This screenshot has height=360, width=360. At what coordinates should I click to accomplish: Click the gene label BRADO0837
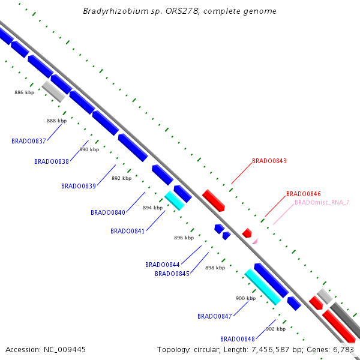coord(29,141)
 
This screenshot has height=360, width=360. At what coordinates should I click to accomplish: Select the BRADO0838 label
coord(52,161)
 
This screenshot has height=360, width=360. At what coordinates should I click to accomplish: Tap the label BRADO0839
coord(79,186)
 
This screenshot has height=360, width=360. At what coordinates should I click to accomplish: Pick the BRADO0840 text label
coord(108,212)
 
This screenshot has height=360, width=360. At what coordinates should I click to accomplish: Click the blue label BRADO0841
coord(128,231)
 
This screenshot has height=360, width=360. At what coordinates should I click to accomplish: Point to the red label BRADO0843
coord(269,161)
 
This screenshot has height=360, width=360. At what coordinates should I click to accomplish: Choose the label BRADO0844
coord(163,265)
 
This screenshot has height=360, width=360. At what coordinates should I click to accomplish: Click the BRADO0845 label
coord(172,274)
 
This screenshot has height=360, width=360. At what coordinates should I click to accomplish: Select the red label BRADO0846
coord(304,194)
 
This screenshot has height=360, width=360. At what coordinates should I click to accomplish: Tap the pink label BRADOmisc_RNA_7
coord(322,202)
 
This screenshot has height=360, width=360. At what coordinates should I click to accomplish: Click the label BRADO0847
coord(215,316)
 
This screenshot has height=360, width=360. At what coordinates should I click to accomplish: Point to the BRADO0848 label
coord(238,338)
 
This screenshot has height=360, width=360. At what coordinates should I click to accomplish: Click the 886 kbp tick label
coord(25,92)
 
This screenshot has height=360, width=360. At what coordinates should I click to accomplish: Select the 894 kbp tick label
coord(153,208)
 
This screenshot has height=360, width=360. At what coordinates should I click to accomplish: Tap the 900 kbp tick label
coord(245,298)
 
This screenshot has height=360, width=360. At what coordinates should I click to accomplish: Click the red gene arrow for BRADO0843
coord(214,200)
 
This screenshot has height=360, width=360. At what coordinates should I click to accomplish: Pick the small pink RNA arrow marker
coord(255,241)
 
